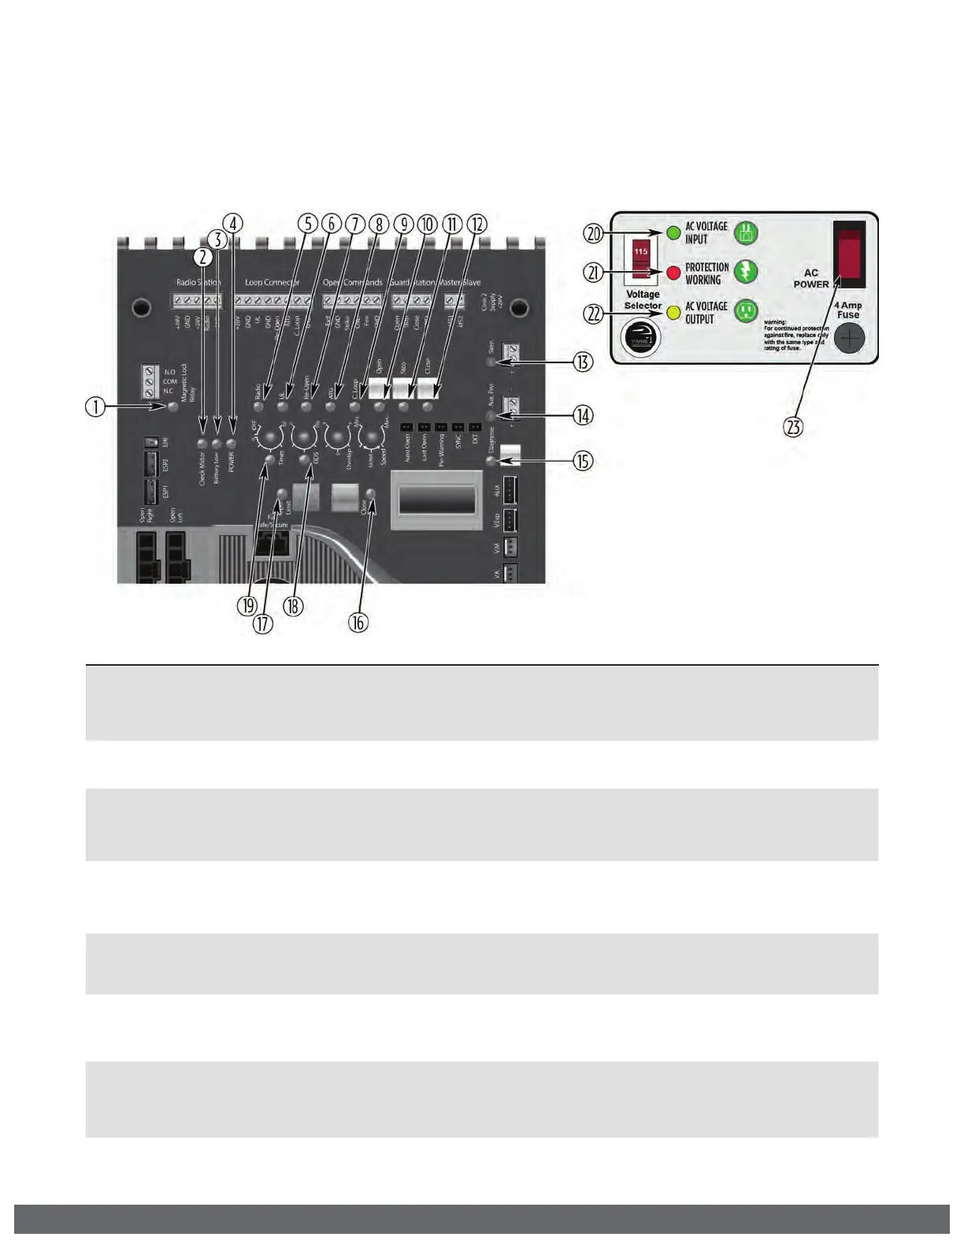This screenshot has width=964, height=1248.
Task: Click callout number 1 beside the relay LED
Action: point(95,407)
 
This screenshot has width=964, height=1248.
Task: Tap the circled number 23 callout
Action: point(793,427)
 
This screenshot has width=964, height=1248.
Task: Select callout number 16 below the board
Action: point(358,622)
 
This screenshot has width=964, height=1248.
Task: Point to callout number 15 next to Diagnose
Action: point(583,461)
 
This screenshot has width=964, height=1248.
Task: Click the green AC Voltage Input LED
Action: point(673,233)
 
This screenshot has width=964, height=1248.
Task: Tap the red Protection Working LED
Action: point(673,273)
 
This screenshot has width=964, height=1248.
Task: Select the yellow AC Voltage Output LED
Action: point(673,312)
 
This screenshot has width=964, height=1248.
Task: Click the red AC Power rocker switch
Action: point(849,254)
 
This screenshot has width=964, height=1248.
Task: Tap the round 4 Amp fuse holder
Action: point(849,339)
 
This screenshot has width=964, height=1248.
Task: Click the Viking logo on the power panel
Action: point(643,337)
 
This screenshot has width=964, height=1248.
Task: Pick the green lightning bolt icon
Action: point(746,272)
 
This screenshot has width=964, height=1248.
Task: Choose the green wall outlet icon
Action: point(746,310)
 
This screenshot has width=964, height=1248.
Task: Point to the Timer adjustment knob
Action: point(271,438)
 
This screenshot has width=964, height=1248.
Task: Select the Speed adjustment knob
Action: point(370,438)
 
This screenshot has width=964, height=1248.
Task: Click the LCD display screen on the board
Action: point(436,500)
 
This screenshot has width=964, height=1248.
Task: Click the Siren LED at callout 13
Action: point(491,362)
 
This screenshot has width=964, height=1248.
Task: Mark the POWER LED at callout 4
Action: point(231,444)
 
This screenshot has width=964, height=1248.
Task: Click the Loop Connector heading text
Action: point(272,282)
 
